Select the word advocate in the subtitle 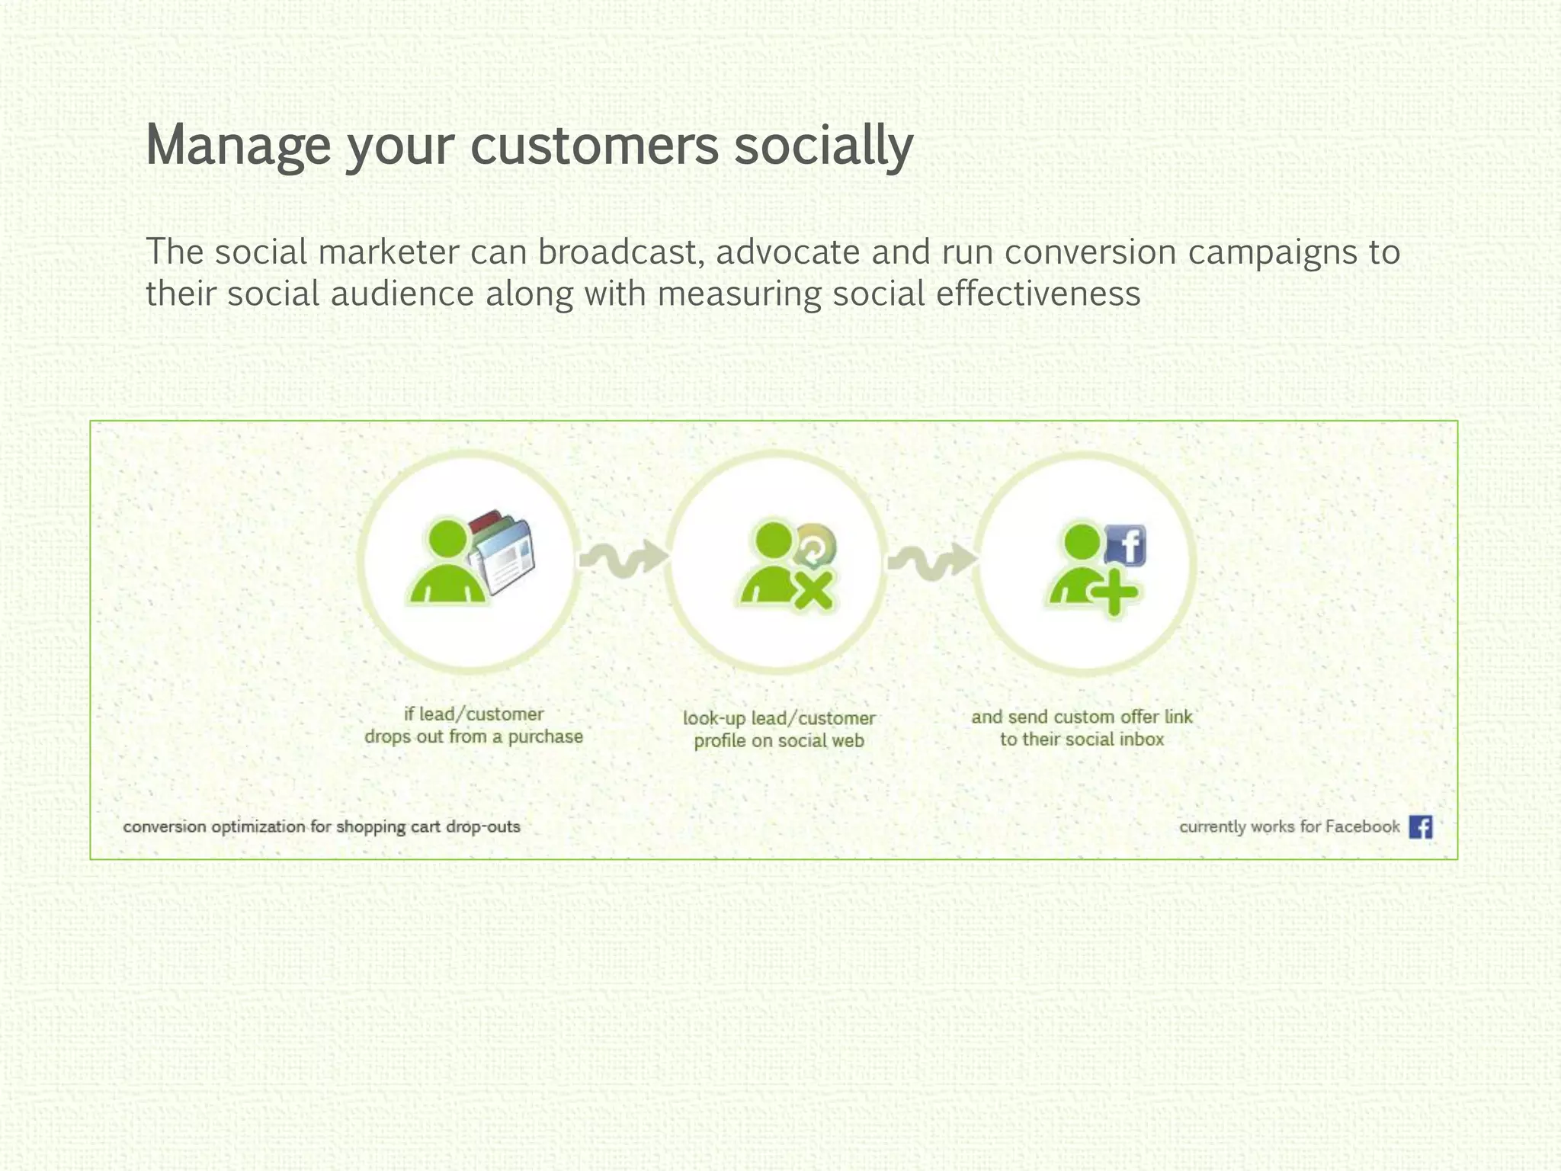tap(787, 252)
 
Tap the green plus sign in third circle tap(1114, 592)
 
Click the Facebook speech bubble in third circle tap(1126, 546)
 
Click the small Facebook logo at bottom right tap(1420, 826)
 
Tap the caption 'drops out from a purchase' tap(473, 737)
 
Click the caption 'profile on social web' tap(778, 741)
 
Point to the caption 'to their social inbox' tap(1082, 739)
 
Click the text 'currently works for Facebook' tap(1289, 827)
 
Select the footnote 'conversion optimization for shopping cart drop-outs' tap(322, 827)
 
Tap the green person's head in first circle tap(447, 538)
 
